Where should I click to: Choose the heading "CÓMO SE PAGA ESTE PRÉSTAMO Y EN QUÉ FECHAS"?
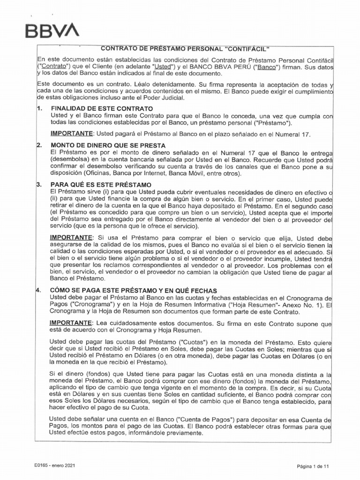tap(134, 291)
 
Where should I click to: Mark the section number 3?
tap(39, 185)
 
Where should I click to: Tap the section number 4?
tap(39, 291)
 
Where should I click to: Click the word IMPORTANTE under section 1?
tap(72, 134)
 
